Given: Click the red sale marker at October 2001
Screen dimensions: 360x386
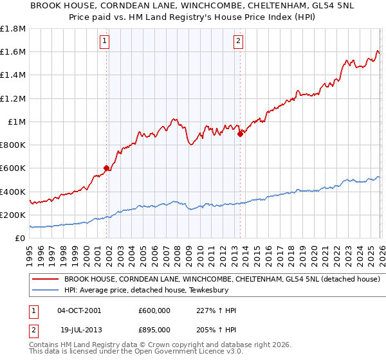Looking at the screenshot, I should (106, 168).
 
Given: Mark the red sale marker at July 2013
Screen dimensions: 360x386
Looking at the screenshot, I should (240, 134).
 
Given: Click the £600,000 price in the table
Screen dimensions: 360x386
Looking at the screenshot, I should (154, 310).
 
